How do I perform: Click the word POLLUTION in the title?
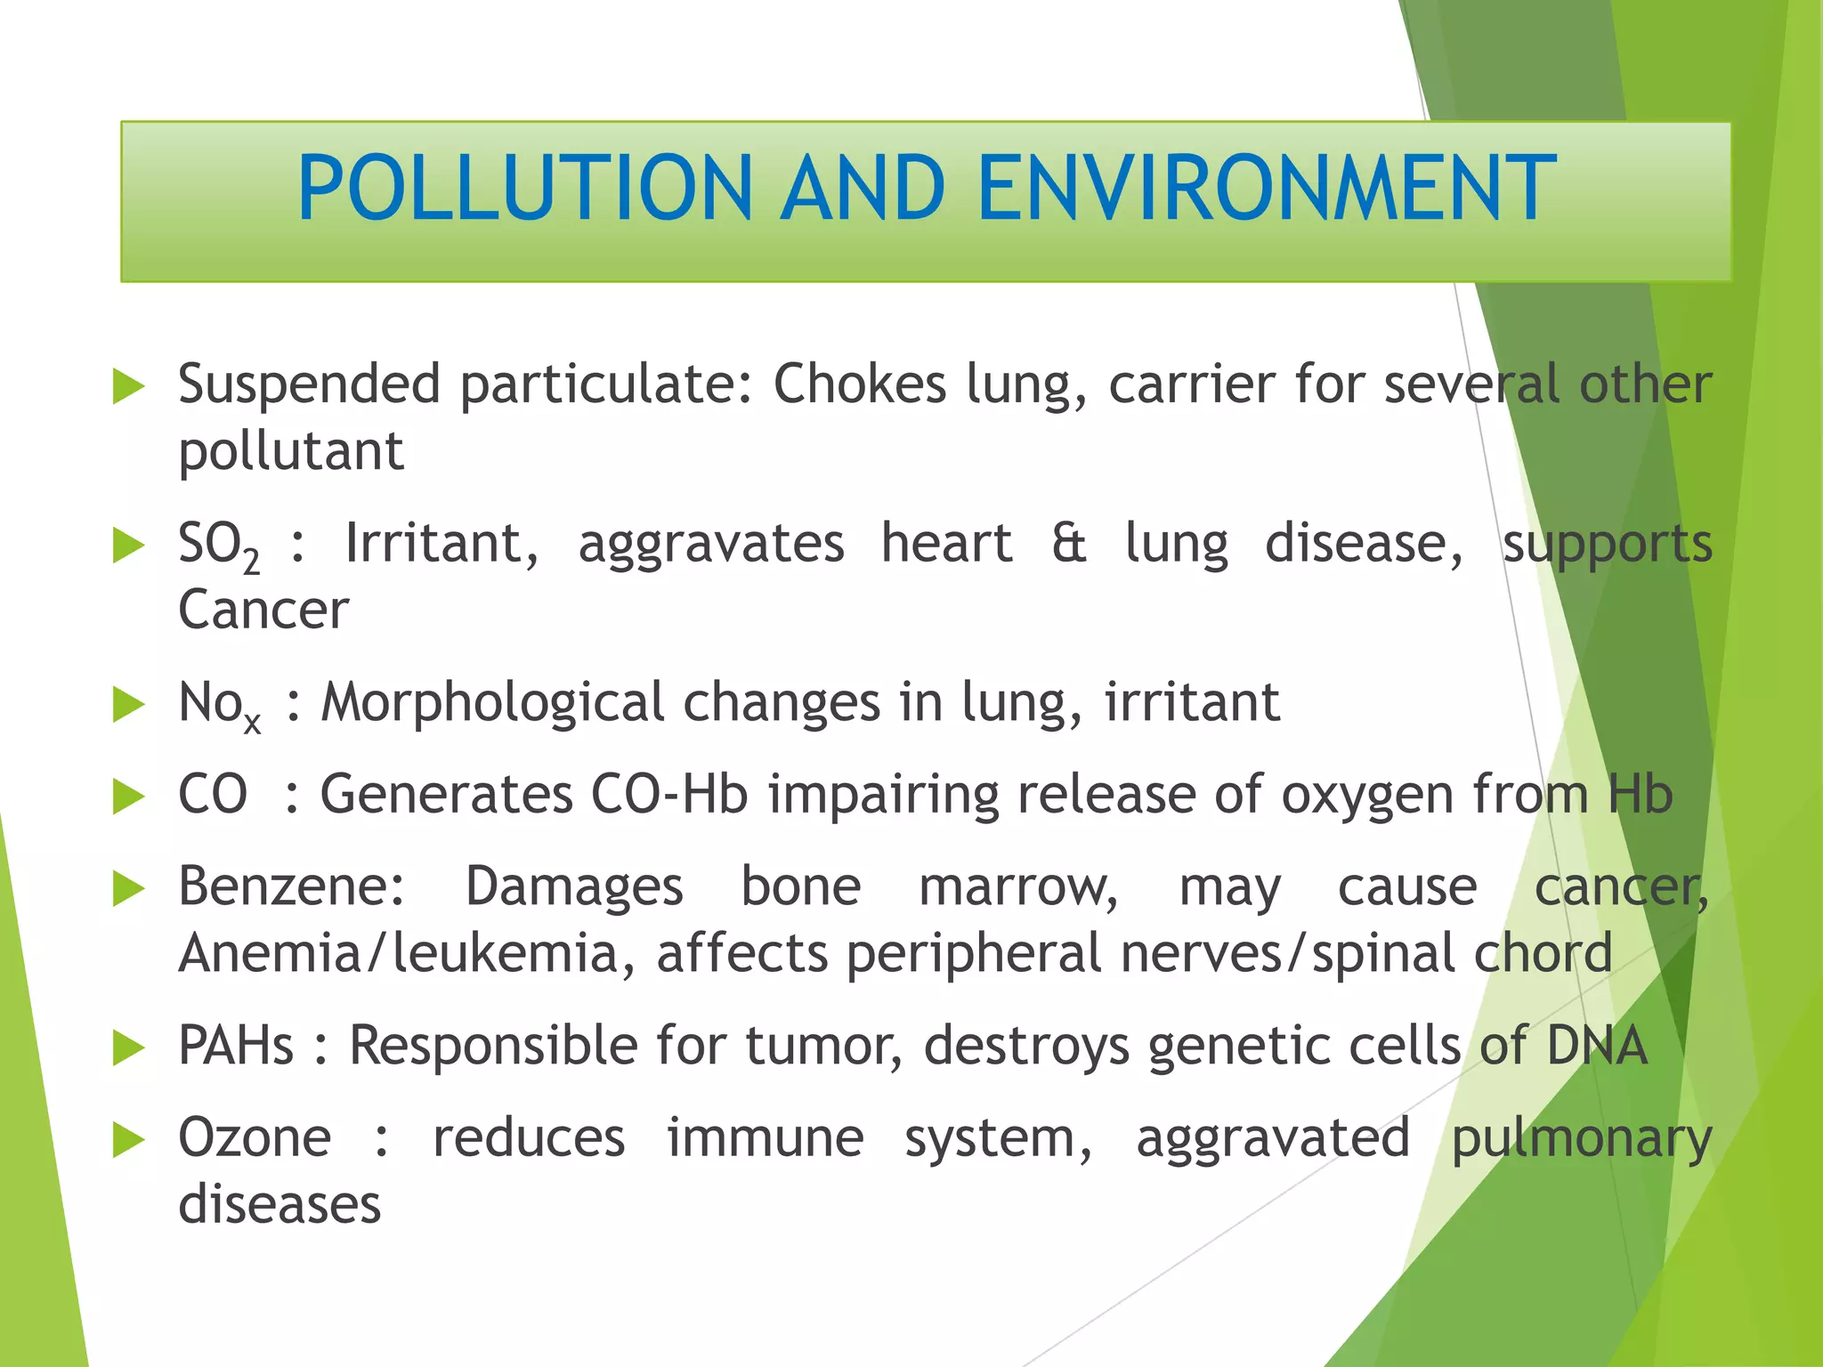pyautogui.click(x=525, y=188)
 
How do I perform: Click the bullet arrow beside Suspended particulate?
pyautogui.click(x=129, y=388)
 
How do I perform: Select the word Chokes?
pyautogui.click(x=860, y=384)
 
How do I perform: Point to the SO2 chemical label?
pyautogui.click(x=218, y=545)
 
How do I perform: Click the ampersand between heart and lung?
pyautogui.click(x=1068, y=543)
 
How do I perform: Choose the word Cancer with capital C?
pyautogui.click(x=263, y=611)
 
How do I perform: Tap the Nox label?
pyautogui.click(x=219, y=705)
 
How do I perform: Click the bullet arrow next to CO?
pyautogui.click(x=129, y=797)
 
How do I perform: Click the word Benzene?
pyautogui.click(x=291, y=887)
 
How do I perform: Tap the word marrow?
pyautogui.click(x=1018, y=888)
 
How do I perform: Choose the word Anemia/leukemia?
pyautogui.click(x=407, y=954)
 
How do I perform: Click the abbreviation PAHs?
pyautogui.click(x=236, y=1046)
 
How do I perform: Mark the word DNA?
pyautogui.click(x=1597, y=1046)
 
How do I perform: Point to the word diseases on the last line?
pyautogui.click(x=280, y=1206)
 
